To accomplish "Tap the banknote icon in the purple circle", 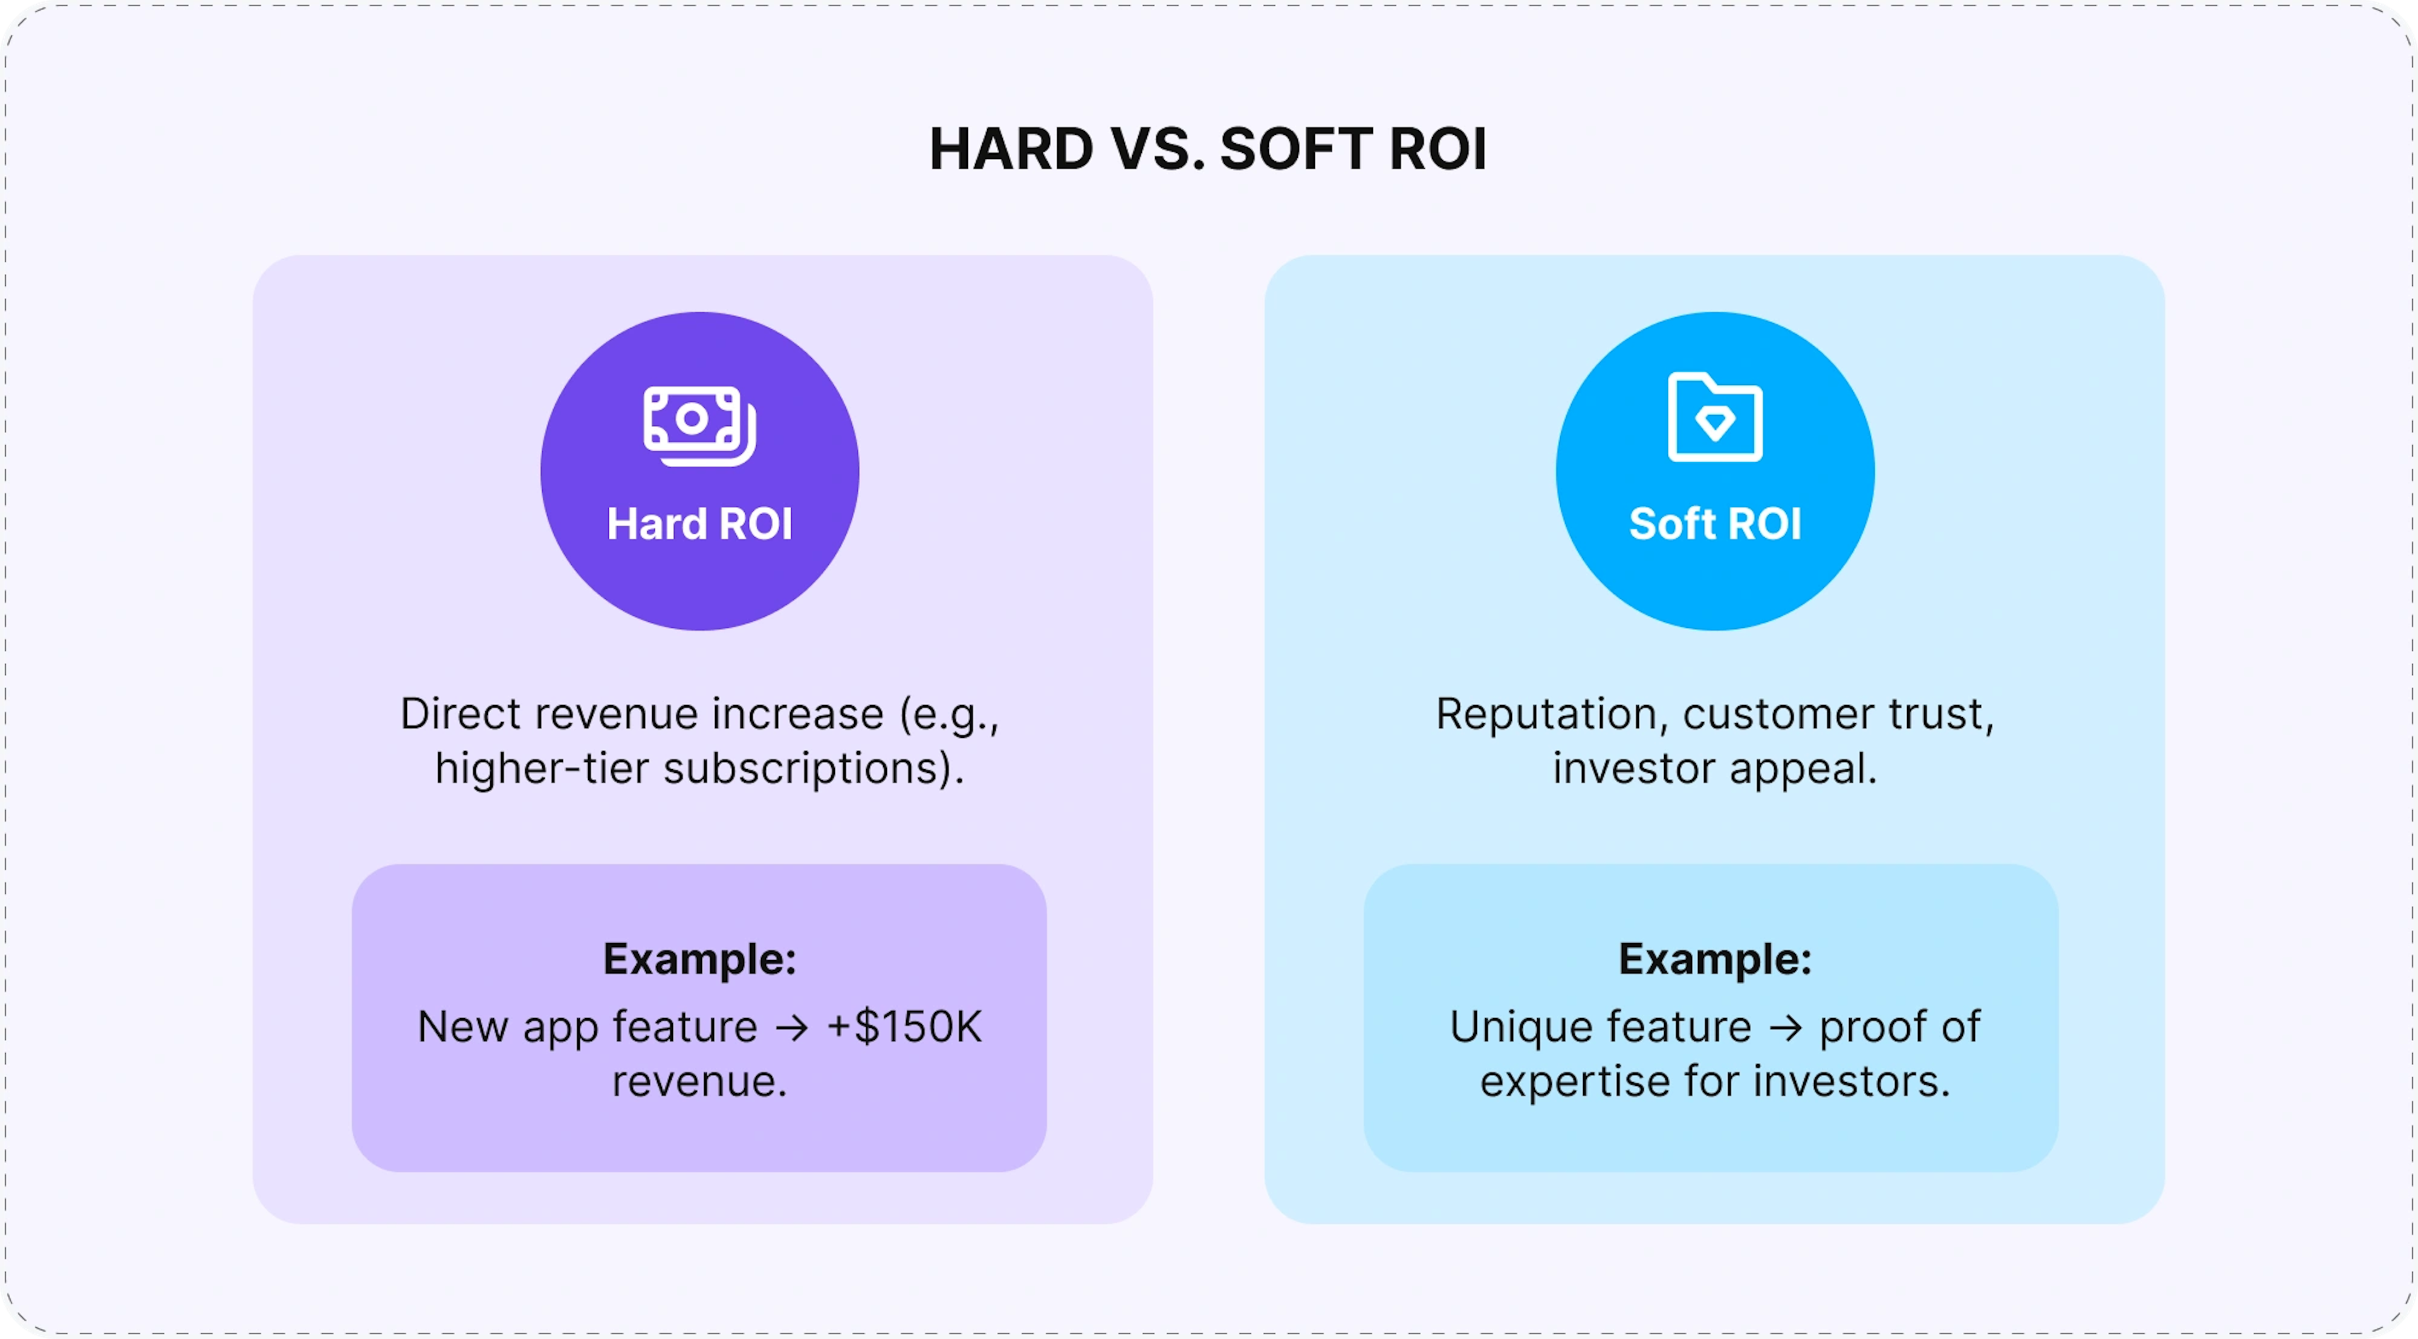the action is point(699,425).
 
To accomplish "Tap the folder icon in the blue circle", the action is point(1715,416).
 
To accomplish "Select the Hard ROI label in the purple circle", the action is point(699,524).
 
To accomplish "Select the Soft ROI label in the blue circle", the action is point(1715,524).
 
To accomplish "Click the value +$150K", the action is point(904,1027).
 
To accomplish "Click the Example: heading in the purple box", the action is point(699,959).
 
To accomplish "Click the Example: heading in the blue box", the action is point(1715,959).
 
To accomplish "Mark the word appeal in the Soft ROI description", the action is point(1803,769).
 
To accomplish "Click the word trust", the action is point(1941,714).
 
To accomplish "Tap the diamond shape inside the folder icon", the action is point(1715,423).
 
